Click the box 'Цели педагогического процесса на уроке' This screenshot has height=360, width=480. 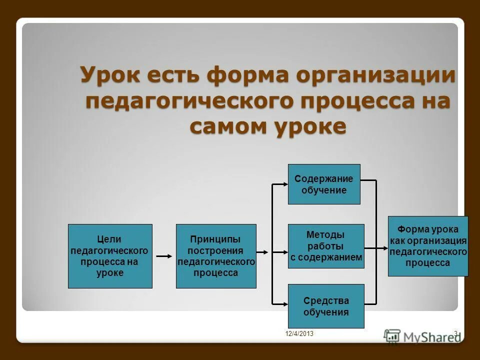click(x=110, y=256)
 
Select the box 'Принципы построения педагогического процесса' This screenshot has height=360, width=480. click(x=216, y=256)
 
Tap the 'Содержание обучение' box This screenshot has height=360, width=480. click(x=324, y=184)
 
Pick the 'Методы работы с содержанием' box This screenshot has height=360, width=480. click(x=326, y=246)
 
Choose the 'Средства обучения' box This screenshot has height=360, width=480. click(x=326, y=306)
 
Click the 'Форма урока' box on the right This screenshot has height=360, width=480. click(x=428, y=246)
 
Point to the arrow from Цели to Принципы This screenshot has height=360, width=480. click(x=164, y=256)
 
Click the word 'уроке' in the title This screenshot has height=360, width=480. click(x=309, y=126)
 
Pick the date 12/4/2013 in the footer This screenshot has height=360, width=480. click(x=299, y=333)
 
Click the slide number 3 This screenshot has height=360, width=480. click(x=455, y=333)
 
